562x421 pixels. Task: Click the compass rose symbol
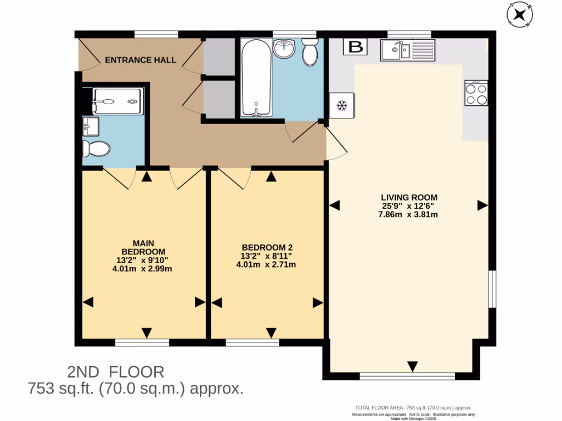point(519,15)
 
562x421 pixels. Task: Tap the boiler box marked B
point(356,47)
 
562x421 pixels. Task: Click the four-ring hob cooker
point(476,93)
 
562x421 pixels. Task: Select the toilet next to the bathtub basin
point(310,53)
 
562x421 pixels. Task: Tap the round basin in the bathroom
point(284,50)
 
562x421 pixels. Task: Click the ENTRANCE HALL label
point(141,60)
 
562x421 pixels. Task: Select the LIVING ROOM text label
point(409,197)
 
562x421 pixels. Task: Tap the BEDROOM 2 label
point(266,247)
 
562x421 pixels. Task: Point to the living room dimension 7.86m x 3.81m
point(409,214)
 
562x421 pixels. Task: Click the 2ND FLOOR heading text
point(115,372)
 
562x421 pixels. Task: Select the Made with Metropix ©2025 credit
point(413,419)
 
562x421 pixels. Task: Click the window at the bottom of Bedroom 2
point(252,343)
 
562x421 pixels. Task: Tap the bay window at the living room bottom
point(407,377)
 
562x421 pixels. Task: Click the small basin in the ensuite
point(89,127)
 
